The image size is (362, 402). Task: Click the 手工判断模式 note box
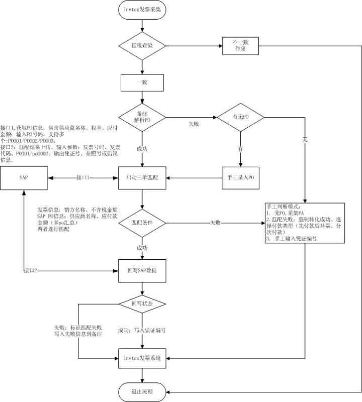(305, 223)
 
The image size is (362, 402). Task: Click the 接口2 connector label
(33, 271)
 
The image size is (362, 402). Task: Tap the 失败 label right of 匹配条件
(215, 222)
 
